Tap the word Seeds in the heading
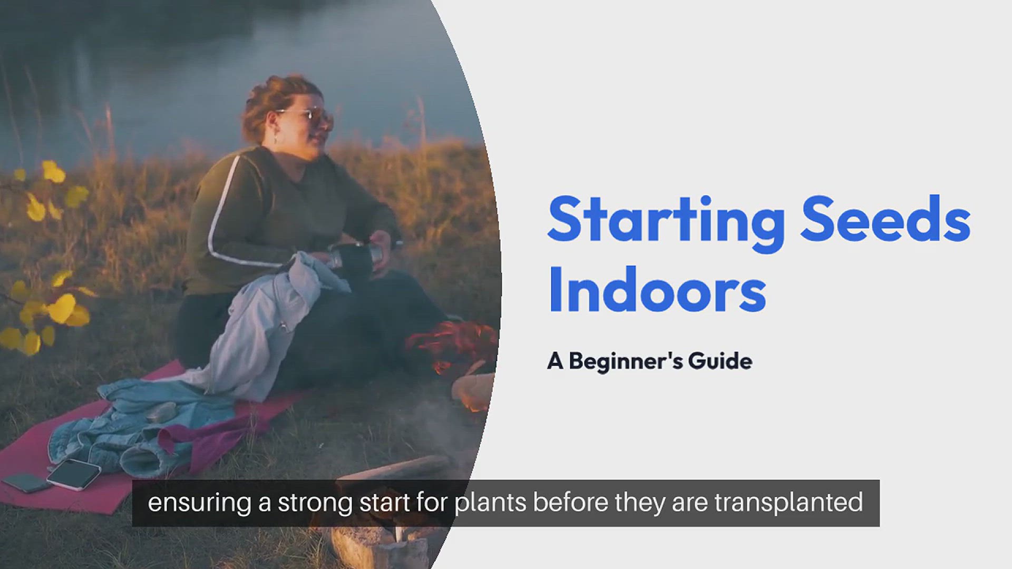point(885,219)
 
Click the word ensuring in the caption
point(199,503)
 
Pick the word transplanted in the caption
point(789,503)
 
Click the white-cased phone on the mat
point(74,474)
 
